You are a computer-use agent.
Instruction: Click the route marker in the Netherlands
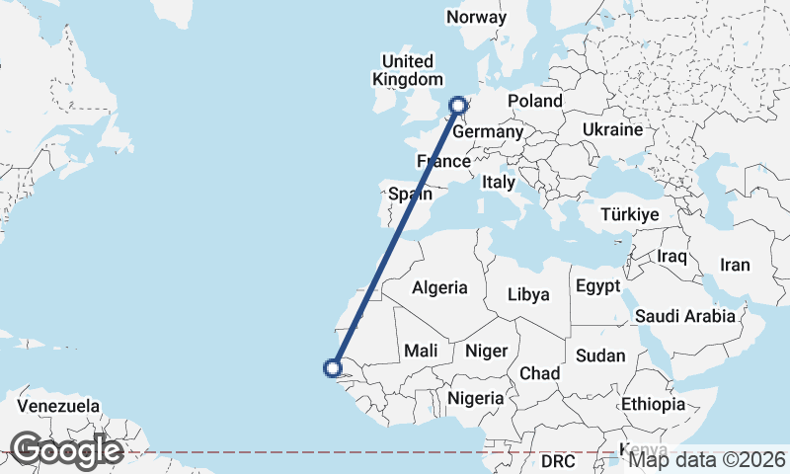(458, 105)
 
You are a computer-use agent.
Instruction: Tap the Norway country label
(476, 18)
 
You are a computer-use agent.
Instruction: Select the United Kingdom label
(408, 70)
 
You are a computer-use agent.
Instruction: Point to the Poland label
(534, 101)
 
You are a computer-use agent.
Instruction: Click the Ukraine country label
(612, 129)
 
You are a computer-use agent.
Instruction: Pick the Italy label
(499, 183)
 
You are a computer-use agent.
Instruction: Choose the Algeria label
(439, 288)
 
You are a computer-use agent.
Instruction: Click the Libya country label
(528, 294)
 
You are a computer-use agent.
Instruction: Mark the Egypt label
(596, 286)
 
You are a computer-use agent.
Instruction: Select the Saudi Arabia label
(685, 316)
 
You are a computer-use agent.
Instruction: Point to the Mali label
(421, 351)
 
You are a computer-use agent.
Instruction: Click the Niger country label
(486, 351)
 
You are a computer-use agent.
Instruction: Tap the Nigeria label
(475, 398)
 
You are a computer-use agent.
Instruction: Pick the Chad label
(539, 373)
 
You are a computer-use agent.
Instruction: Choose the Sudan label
(600, 355)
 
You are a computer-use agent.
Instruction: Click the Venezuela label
(58, 406)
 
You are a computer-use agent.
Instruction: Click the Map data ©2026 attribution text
(707, 458)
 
